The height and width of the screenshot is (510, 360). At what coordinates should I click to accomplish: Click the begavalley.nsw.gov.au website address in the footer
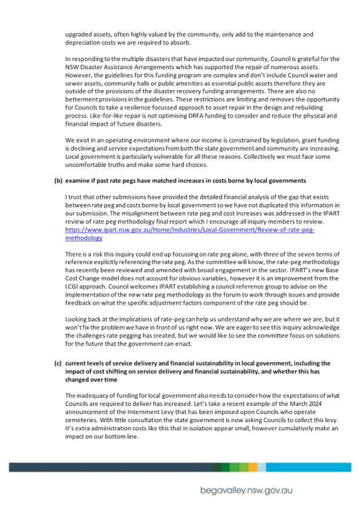pos(246,490)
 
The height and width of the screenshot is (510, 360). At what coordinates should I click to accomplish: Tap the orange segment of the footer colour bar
pos(253,467)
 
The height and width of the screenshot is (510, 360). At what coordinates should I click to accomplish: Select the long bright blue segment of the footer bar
pos(309,467)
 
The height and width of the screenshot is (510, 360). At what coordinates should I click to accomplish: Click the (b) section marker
pos(58,181)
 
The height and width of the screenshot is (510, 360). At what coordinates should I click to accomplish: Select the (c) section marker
pos(58,363)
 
